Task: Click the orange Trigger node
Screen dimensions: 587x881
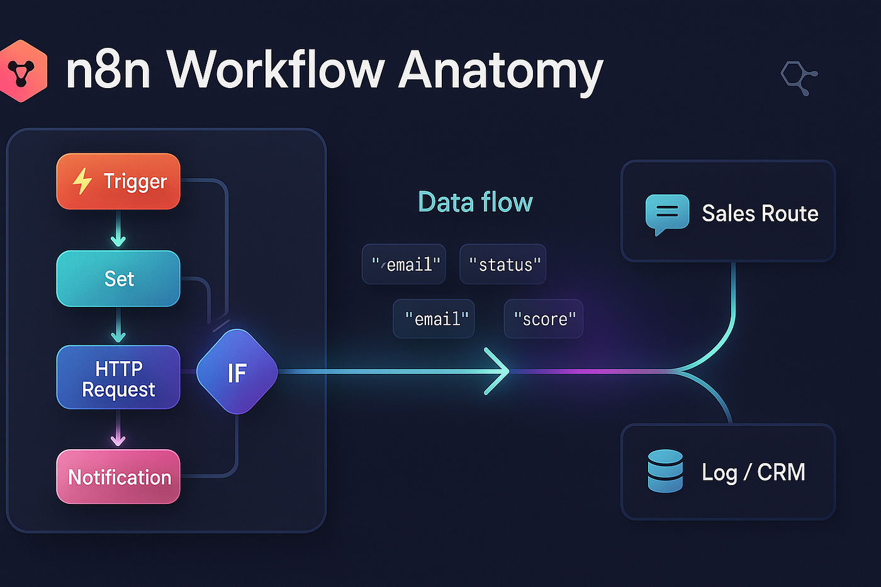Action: (x=118, y=181)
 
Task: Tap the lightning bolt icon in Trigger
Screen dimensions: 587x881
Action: (x=82, y=181)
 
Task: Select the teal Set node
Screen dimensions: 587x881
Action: (x=118, y=279)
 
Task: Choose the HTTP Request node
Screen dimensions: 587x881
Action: (x=118, y=377)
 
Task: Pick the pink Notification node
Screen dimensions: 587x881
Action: (x=118, y=477)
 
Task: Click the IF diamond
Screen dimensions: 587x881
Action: (x=237, y=372)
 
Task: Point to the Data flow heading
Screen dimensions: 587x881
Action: (x=475, y=202)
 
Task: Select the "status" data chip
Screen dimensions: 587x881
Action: (x=503, y=264)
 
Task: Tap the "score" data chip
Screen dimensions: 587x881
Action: (x=544, y=319)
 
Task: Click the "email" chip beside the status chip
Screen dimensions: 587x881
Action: (x=404, y=264)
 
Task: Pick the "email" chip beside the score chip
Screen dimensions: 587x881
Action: (x=434, y=319)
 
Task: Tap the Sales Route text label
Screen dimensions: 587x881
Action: (x=760, y=214)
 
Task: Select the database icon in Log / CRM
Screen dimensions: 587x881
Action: (x=665, y=471)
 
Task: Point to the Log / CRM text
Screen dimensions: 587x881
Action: (x=753, y=472)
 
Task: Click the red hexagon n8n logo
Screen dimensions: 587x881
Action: (x=23, y=71)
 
